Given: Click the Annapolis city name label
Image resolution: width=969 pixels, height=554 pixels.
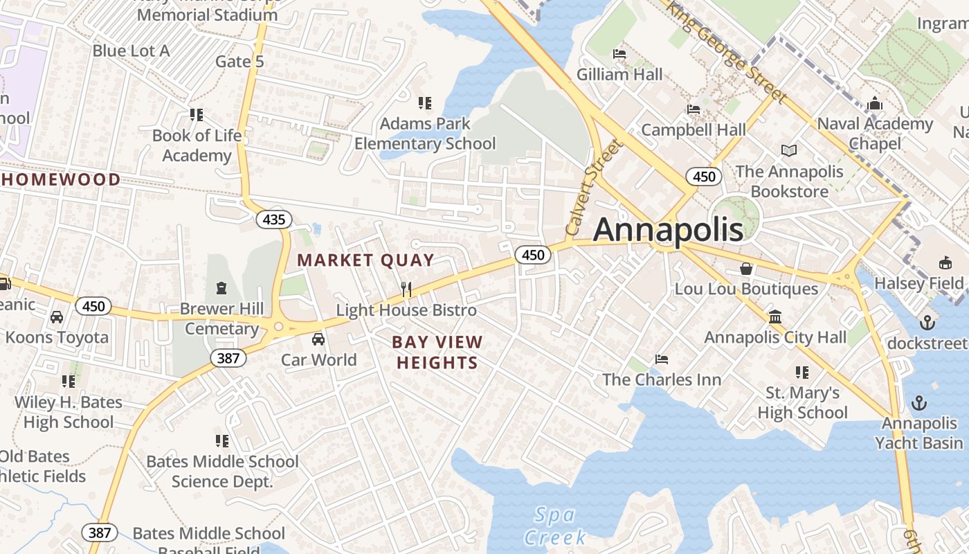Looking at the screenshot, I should [x=668, y=230].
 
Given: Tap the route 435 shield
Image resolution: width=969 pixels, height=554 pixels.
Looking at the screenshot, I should [x=274, y=220].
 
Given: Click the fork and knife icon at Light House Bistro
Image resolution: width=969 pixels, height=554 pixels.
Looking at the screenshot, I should [x=406, y=289].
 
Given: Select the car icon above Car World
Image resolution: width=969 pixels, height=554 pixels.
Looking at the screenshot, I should [x=318, y=339].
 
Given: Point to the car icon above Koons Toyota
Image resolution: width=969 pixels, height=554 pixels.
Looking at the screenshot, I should [x=57, y=316].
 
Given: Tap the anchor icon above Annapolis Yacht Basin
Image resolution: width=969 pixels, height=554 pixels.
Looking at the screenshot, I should [x=919, y=402].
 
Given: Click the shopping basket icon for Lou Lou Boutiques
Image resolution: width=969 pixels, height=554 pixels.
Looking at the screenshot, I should [x=746, y=268].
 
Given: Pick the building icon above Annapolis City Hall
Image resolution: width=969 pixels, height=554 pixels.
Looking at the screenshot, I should [x=775, y=316].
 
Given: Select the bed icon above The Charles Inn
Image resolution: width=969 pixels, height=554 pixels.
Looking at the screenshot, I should [x=662, y=359].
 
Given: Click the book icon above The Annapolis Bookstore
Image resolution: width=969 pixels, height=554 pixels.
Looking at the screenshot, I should [x=789, y=150].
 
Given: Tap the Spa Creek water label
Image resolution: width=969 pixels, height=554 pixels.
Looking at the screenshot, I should [x=555, y=526].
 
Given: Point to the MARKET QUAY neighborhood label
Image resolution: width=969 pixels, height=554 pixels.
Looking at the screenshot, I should [x=365, y=261].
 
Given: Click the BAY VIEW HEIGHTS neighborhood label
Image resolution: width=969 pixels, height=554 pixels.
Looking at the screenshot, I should [x=437, y=352].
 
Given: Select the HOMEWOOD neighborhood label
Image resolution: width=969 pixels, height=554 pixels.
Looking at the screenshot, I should [x=61, y=180].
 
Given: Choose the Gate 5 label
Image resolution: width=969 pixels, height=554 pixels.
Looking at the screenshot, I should [x=239, y=62].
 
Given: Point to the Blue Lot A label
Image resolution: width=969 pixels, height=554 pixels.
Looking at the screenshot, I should [x=131, y=51].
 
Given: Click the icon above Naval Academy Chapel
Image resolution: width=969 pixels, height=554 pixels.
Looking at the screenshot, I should [x=875, y=103].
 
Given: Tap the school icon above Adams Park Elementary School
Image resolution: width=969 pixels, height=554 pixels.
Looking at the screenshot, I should [x=425, y=103].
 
